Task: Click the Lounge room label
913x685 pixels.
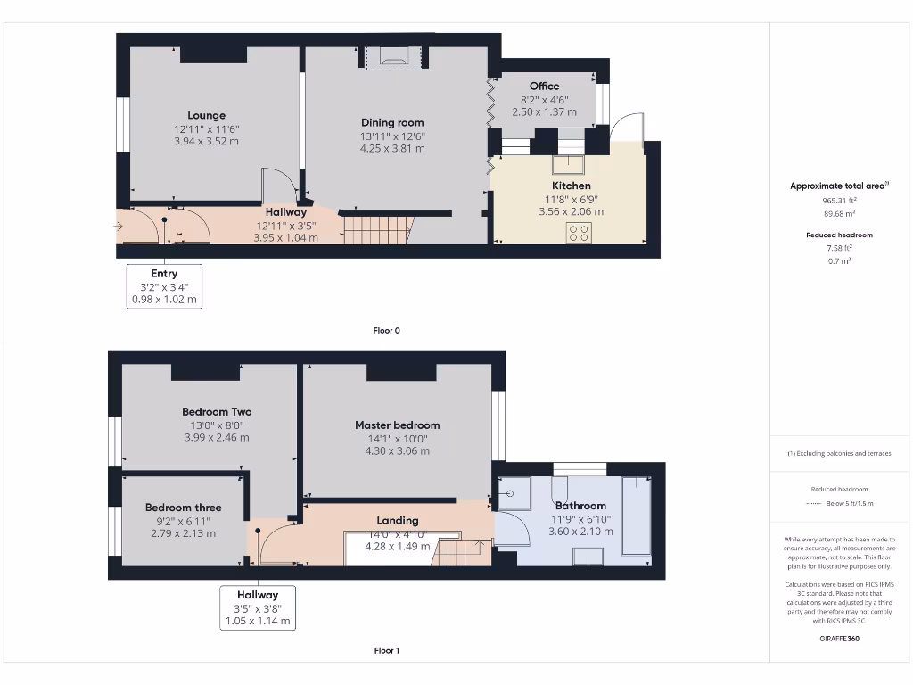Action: pyautogui.click(x=206, y=115)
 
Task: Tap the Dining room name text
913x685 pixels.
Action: pyautogui.click(x=392, y=122)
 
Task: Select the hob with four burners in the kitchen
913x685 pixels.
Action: pyautogui.click(x=579, y=233)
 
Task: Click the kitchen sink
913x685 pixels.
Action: pyautogui.click(x=567, y=164)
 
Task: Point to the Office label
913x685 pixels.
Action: pyautogui.click(x=544, y=87)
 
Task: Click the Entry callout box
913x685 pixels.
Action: pyautogui.click(x=164, y=286)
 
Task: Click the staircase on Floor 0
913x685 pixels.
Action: pyautogui.click(x=378, y=230)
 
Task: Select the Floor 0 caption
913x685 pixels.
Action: pyautogui.click(x=386, y=330)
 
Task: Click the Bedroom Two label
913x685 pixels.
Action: pyautogui.click(x=217, y=411)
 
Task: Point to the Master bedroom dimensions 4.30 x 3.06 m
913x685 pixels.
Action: pyautogui.click(x=397, y=451)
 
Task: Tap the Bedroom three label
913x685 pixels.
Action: pyautogui.click(x=184, y=508)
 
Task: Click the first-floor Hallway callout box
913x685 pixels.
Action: pyautogui.click(x=257, y=607)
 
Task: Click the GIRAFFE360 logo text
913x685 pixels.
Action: pyautogui.click(x=839, y=639)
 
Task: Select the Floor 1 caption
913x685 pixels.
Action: pyautogui.click(x=386, y=651)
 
